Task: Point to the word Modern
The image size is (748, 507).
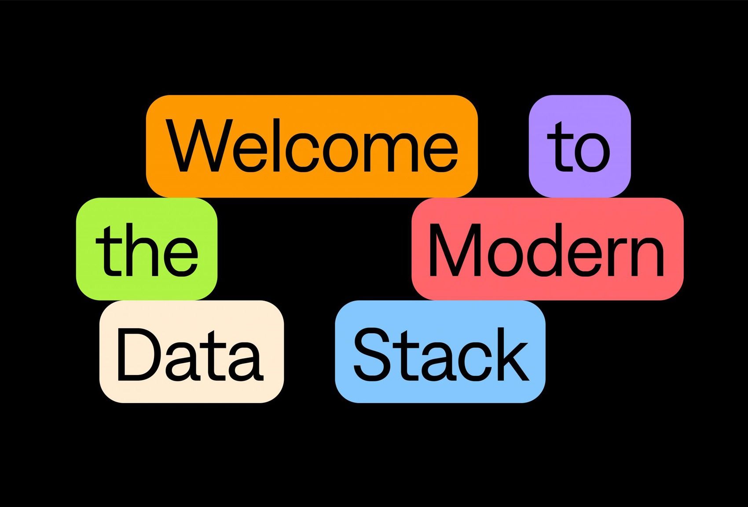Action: point(547,250)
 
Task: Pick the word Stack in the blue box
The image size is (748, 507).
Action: point(441,354)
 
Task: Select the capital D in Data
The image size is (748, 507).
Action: point(135,354)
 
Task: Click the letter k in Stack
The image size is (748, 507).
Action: point(513,354)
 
